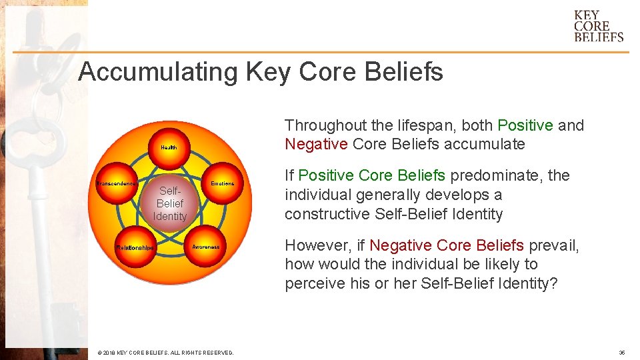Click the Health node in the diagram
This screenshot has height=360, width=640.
[169, 147]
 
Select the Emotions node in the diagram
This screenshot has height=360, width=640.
[222, 183]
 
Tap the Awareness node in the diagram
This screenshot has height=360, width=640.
[205, 247]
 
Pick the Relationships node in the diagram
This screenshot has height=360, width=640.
[135, 247]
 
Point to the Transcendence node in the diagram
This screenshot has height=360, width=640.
[117, 183]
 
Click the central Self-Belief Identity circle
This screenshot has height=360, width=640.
[169, 203]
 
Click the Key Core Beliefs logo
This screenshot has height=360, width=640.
[598, 26]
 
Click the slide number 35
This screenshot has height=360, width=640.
[621, 353]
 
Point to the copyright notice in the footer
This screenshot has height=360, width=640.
[165, 353]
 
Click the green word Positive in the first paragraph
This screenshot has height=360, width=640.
[525, 125]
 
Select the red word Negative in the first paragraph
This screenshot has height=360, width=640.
[316, 144]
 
